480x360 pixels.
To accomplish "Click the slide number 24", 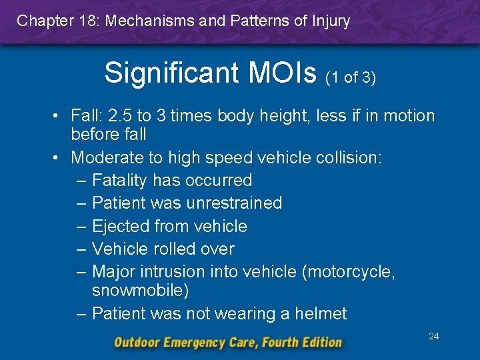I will click(433, 336).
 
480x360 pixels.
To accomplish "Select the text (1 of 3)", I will click(351, 77).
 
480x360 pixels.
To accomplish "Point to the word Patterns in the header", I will click(256, 21).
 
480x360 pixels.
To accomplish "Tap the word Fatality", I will click(120, 180).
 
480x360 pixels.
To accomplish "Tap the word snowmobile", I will click(139, 291).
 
